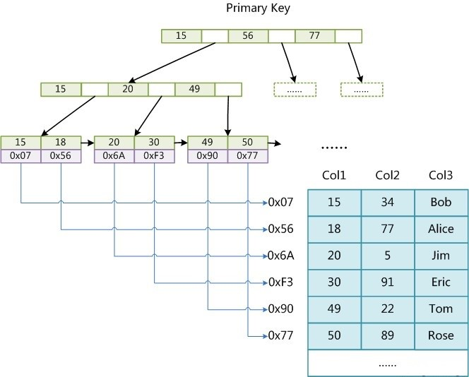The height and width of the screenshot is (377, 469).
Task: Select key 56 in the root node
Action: [248, 35]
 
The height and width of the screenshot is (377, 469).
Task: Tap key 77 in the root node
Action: [315, 35]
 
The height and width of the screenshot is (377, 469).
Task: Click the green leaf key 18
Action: [61, 143]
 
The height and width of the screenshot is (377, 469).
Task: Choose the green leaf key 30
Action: [154, 143]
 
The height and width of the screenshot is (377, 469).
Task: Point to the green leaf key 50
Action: [247, 143]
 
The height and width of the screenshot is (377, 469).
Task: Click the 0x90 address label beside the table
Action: [281, 309]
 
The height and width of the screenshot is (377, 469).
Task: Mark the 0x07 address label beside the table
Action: [281, 203]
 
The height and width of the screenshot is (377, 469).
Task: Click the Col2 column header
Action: [387, 175]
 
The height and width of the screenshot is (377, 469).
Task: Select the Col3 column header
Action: [441, 175]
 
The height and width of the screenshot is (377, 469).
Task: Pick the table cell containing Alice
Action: [441, 229]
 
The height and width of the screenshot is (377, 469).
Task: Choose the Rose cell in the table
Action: [441, 336]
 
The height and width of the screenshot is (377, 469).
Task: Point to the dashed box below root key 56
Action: [295, 90]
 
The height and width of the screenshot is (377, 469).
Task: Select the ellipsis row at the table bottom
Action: [387, 364]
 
